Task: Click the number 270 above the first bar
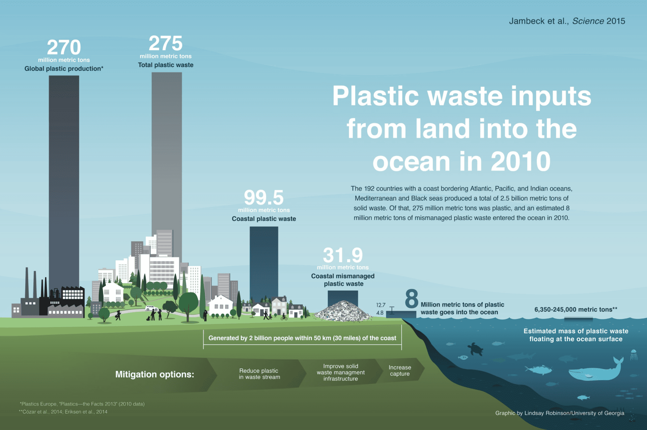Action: click(x=64, y=47)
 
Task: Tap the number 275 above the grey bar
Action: click(x=166, y=43)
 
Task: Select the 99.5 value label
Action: click(x=264, y=197)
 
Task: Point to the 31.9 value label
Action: click(x=343, y=255)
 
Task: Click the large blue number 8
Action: click(x=412, y=299)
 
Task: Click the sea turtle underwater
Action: click(x=475, y=349)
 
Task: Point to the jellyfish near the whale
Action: click(x=634, y=355)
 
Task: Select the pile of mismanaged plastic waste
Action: click(x=343, y=311)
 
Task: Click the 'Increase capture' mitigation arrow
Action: click(x=400, y=371)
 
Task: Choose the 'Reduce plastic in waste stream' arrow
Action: click(x=259, y=374)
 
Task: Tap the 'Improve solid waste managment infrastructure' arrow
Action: click(x=341, y=372)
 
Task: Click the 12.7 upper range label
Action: click(x=381, y=305)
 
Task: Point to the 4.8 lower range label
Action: click(x=380, y=313)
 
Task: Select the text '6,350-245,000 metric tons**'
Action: click(x=576, y=310)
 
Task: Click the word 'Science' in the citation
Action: click(x=588, y=21)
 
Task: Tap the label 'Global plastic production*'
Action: click(x=64, y=69)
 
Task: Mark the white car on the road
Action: click(x=151, y=308)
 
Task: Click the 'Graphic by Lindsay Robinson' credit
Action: click(x=560, y=413)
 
